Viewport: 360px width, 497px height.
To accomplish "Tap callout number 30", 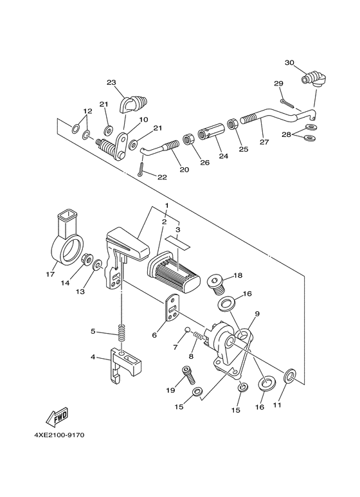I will click(x=289, y=62).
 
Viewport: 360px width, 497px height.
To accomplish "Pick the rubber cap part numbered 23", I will click(x=135, y=102).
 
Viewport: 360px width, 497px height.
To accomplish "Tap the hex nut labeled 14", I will click(x=84, y=260).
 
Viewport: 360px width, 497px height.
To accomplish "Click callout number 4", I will click(x=94, y=357).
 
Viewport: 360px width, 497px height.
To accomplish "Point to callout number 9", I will click(x=256, y=314).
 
